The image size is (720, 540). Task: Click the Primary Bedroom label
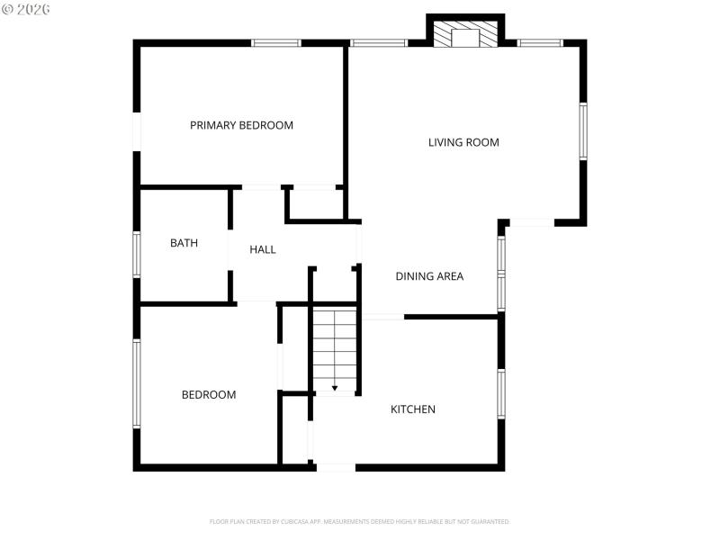(x=241, y=125)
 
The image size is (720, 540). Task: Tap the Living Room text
(x=463, y=142)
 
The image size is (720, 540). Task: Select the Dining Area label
(x=429, y=276)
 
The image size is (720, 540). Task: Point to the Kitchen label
(x=412, y=409)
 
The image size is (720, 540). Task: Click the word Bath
(x=184, y=243)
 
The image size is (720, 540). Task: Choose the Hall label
(x=263, y=249)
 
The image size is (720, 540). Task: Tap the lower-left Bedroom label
(x=209, y=394)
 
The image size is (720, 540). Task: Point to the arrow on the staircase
(x=335, y=388)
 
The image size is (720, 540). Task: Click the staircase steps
(x=335, y=346)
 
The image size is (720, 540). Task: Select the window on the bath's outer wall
(x=137, y=255)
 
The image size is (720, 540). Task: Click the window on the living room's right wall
(x=583, y=130)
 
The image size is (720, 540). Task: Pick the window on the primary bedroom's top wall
(x=275, y=42)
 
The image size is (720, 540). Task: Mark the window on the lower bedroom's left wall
(x=137, y=382)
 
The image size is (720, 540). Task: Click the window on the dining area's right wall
(x=501, y=273)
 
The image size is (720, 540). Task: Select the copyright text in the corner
(x=26, y=8)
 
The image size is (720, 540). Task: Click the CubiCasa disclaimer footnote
(x=360, y=521)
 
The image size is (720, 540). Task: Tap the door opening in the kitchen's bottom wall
(x=336, y=467)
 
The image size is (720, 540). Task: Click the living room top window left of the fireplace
(x=378, y=42)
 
